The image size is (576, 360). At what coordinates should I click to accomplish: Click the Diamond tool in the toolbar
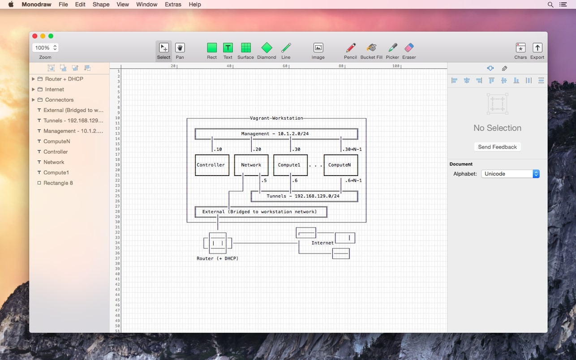267,48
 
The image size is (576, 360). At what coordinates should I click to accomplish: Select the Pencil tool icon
350,48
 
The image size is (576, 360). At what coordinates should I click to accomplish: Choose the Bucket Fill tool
371,48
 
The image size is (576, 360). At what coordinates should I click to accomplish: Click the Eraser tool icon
409,48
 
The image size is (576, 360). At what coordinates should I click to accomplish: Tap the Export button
537,48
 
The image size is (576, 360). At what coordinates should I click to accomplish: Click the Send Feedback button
497,147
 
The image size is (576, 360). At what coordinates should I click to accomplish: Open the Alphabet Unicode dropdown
510,174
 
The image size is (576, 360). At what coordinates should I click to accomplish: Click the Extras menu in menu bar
173,4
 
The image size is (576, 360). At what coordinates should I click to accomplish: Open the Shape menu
101,4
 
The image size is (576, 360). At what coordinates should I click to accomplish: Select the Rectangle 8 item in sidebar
58,183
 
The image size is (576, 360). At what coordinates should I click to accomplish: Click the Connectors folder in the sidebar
59,100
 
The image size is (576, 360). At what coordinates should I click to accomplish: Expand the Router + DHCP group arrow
33,79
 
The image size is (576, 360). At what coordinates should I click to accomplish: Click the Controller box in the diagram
211,165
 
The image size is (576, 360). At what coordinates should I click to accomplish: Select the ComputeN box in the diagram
340,165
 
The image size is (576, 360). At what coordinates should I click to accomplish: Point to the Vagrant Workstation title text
276,118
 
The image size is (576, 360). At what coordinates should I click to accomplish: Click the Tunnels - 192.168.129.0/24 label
303,196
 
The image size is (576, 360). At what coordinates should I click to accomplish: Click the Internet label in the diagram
322,243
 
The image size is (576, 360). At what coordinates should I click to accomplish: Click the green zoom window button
51,36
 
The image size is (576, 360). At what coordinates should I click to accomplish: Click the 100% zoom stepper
55,48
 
